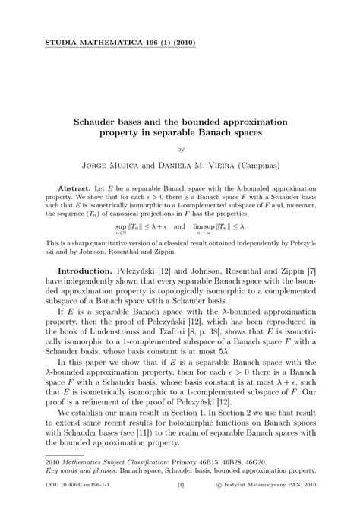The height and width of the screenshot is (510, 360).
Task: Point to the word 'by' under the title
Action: (180, 149)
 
